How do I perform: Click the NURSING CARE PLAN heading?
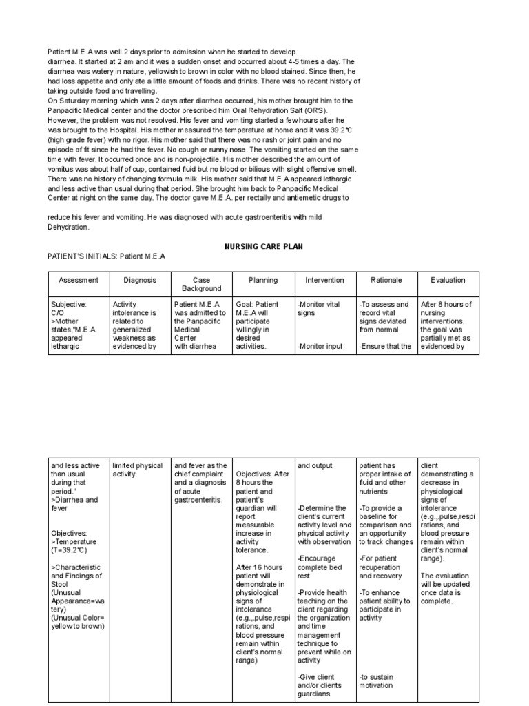coord(264,245)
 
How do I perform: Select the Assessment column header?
coord(79,280)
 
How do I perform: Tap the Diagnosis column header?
coord(140,280)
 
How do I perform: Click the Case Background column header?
coord(201,284)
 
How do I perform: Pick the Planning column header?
coord(263,280)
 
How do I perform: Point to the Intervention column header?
coord(324,280)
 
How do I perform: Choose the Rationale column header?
coord(386,280)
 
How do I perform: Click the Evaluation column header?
coord(448,280)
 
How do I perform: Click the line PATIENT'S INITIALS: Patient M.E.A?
coord(107,256)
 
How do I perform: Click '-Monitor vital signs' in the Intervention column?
coord(315,308)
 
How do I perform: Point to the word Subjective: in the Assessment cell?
coord(69,304)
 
